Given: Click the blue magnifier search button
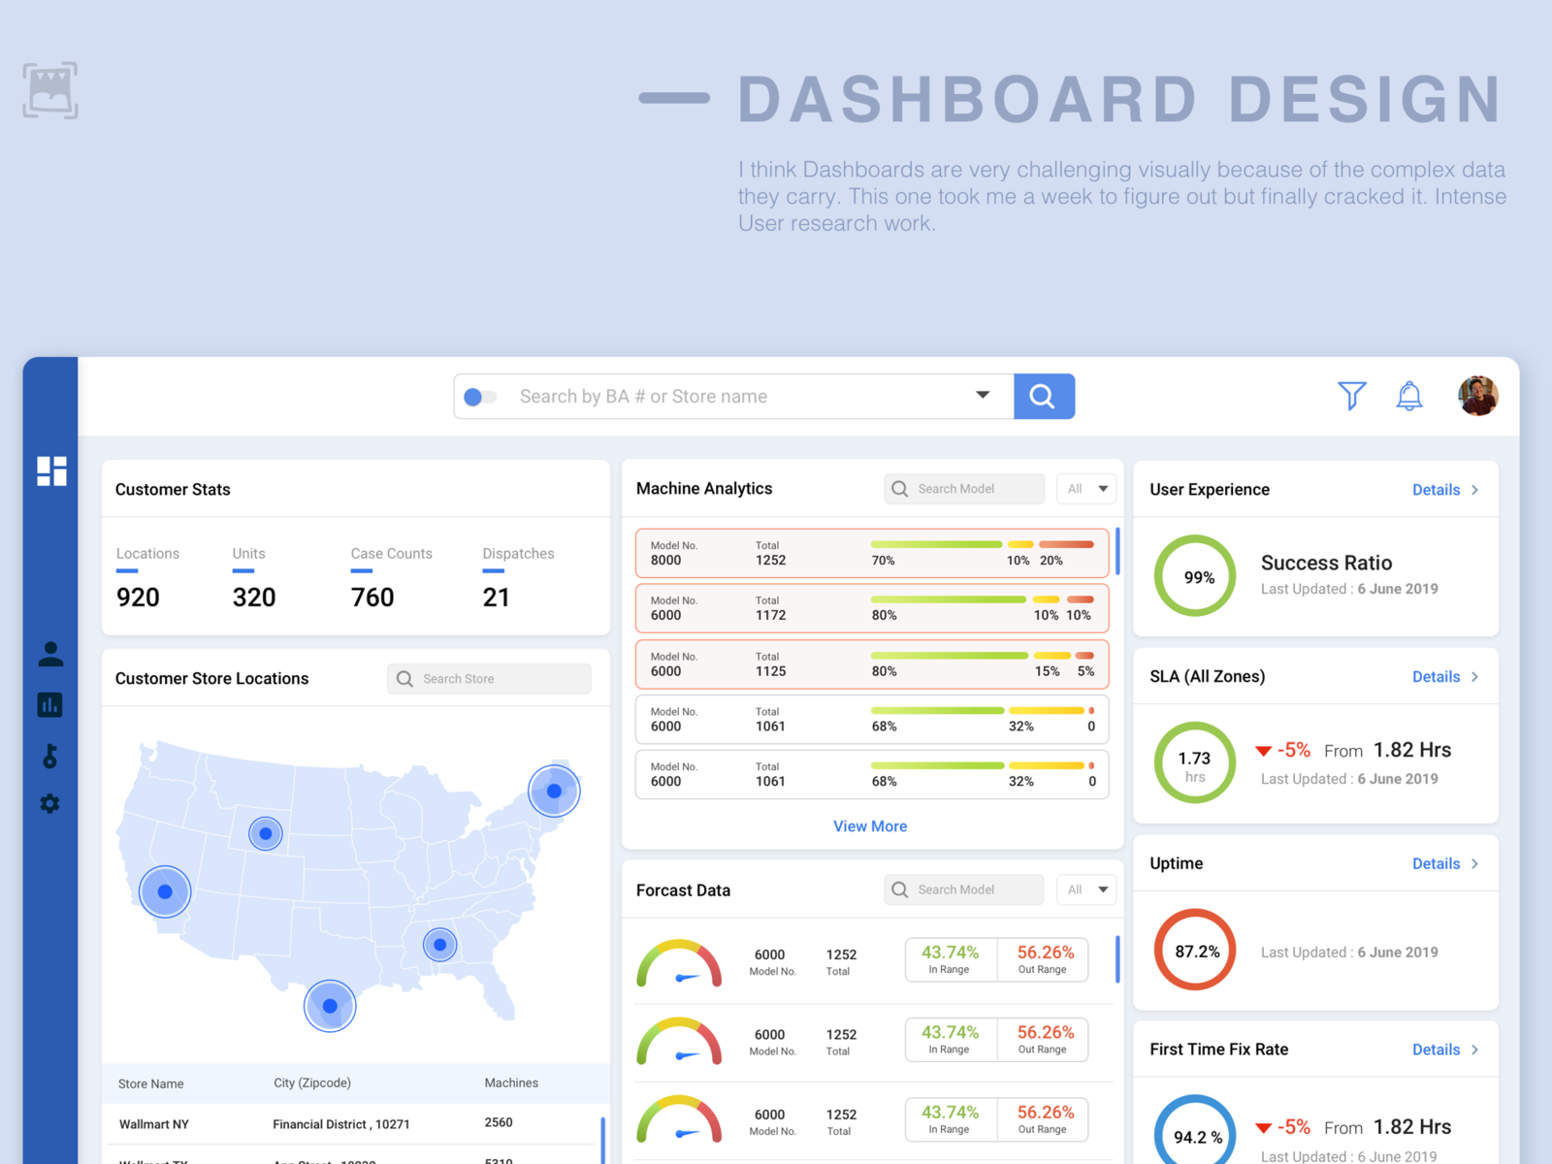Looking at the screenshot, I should pos(1044,396).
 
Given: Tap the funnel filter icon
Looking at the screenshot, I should pos(1351,395).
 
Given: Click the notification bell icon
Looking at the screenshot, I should pos(1408,395).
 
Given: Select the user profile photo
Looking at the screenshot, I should pos(1477,396).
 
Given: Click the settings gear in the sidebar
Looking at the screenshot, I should pos(50,803).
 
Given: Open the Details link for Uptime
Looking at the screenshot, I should pos(1443,863).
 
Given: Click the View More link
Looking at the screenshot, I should pos(870,826).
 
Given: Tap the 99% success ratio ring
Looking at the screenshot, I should pos(1195,576).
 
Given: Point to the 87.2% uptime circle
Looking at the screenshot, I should pos(1195,950).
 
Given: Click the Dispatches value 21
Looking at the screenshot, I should pos(496,598).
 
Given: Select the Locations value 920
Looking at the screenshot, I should pos(138,598).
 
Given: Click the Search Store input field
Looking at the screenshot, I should pos(490,679).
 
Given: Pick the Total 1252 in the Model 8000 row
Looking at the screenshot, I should pos(770,560).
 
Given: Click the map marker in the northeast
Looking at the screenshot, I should pos(554,791).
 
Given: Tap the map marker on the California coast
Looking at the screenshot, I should pos(165,891).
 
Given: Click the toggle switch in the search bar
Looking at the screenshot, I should pos(480,397).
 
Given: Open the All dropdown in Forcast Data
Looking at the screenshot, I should pos(1086,889).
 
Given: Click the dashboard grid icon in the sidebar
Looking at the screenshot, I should pos(51,470).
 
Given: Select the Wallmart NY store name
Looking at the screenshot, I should pos(154,1124).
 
